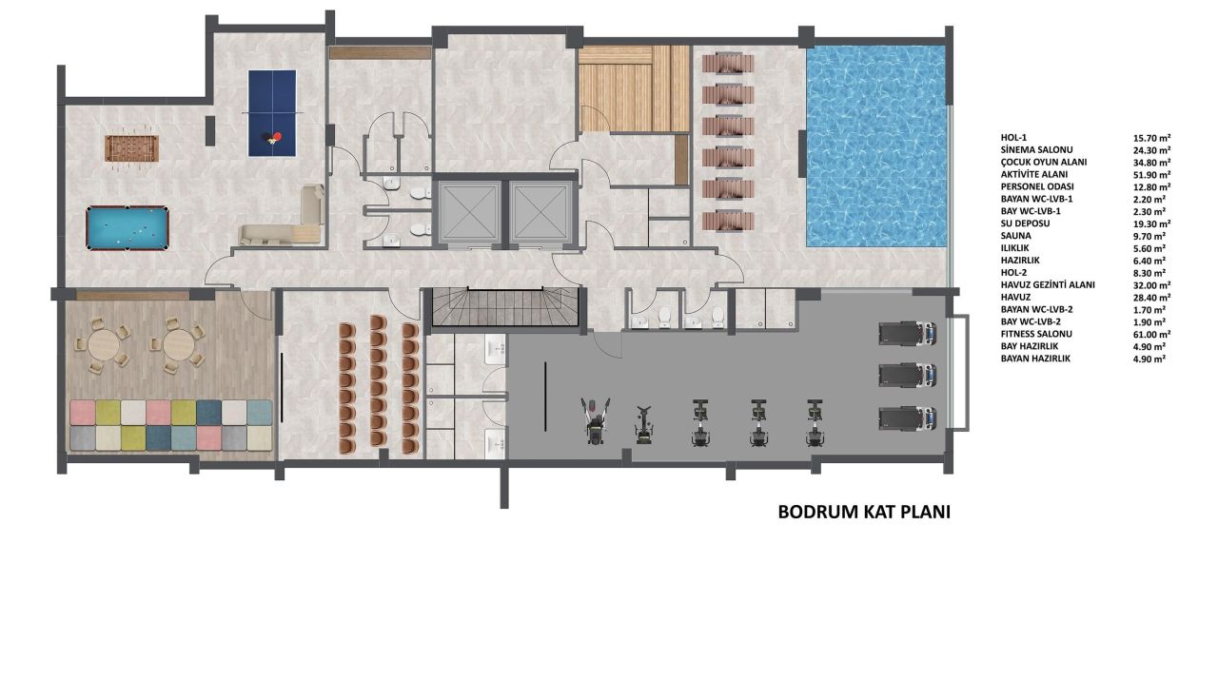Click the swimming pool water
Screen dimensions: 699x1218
click(876, 146)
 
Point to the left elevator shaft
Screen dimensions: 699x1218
click(468, 210)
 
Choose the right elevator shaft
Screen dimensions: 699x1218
click(539, 210)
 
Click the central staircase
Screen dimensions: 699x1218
click(505, 307)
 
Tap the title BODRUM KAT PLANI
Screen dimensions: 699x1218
click(864, 512)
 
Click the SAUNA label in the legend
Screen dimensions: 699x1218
click(1015, 236)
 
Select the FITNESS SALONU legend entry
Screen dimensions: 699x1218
click(1036, 335)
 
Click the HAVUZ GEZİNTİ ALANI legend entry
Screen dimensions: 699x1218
click(1047, 285)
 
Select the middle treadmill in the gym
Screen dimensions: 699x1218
click(906, 375)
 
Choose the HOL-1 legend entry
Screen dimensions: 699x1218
click(1015, 137)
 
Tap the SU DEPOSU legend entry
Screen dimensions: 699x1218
click(1024, 223)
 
